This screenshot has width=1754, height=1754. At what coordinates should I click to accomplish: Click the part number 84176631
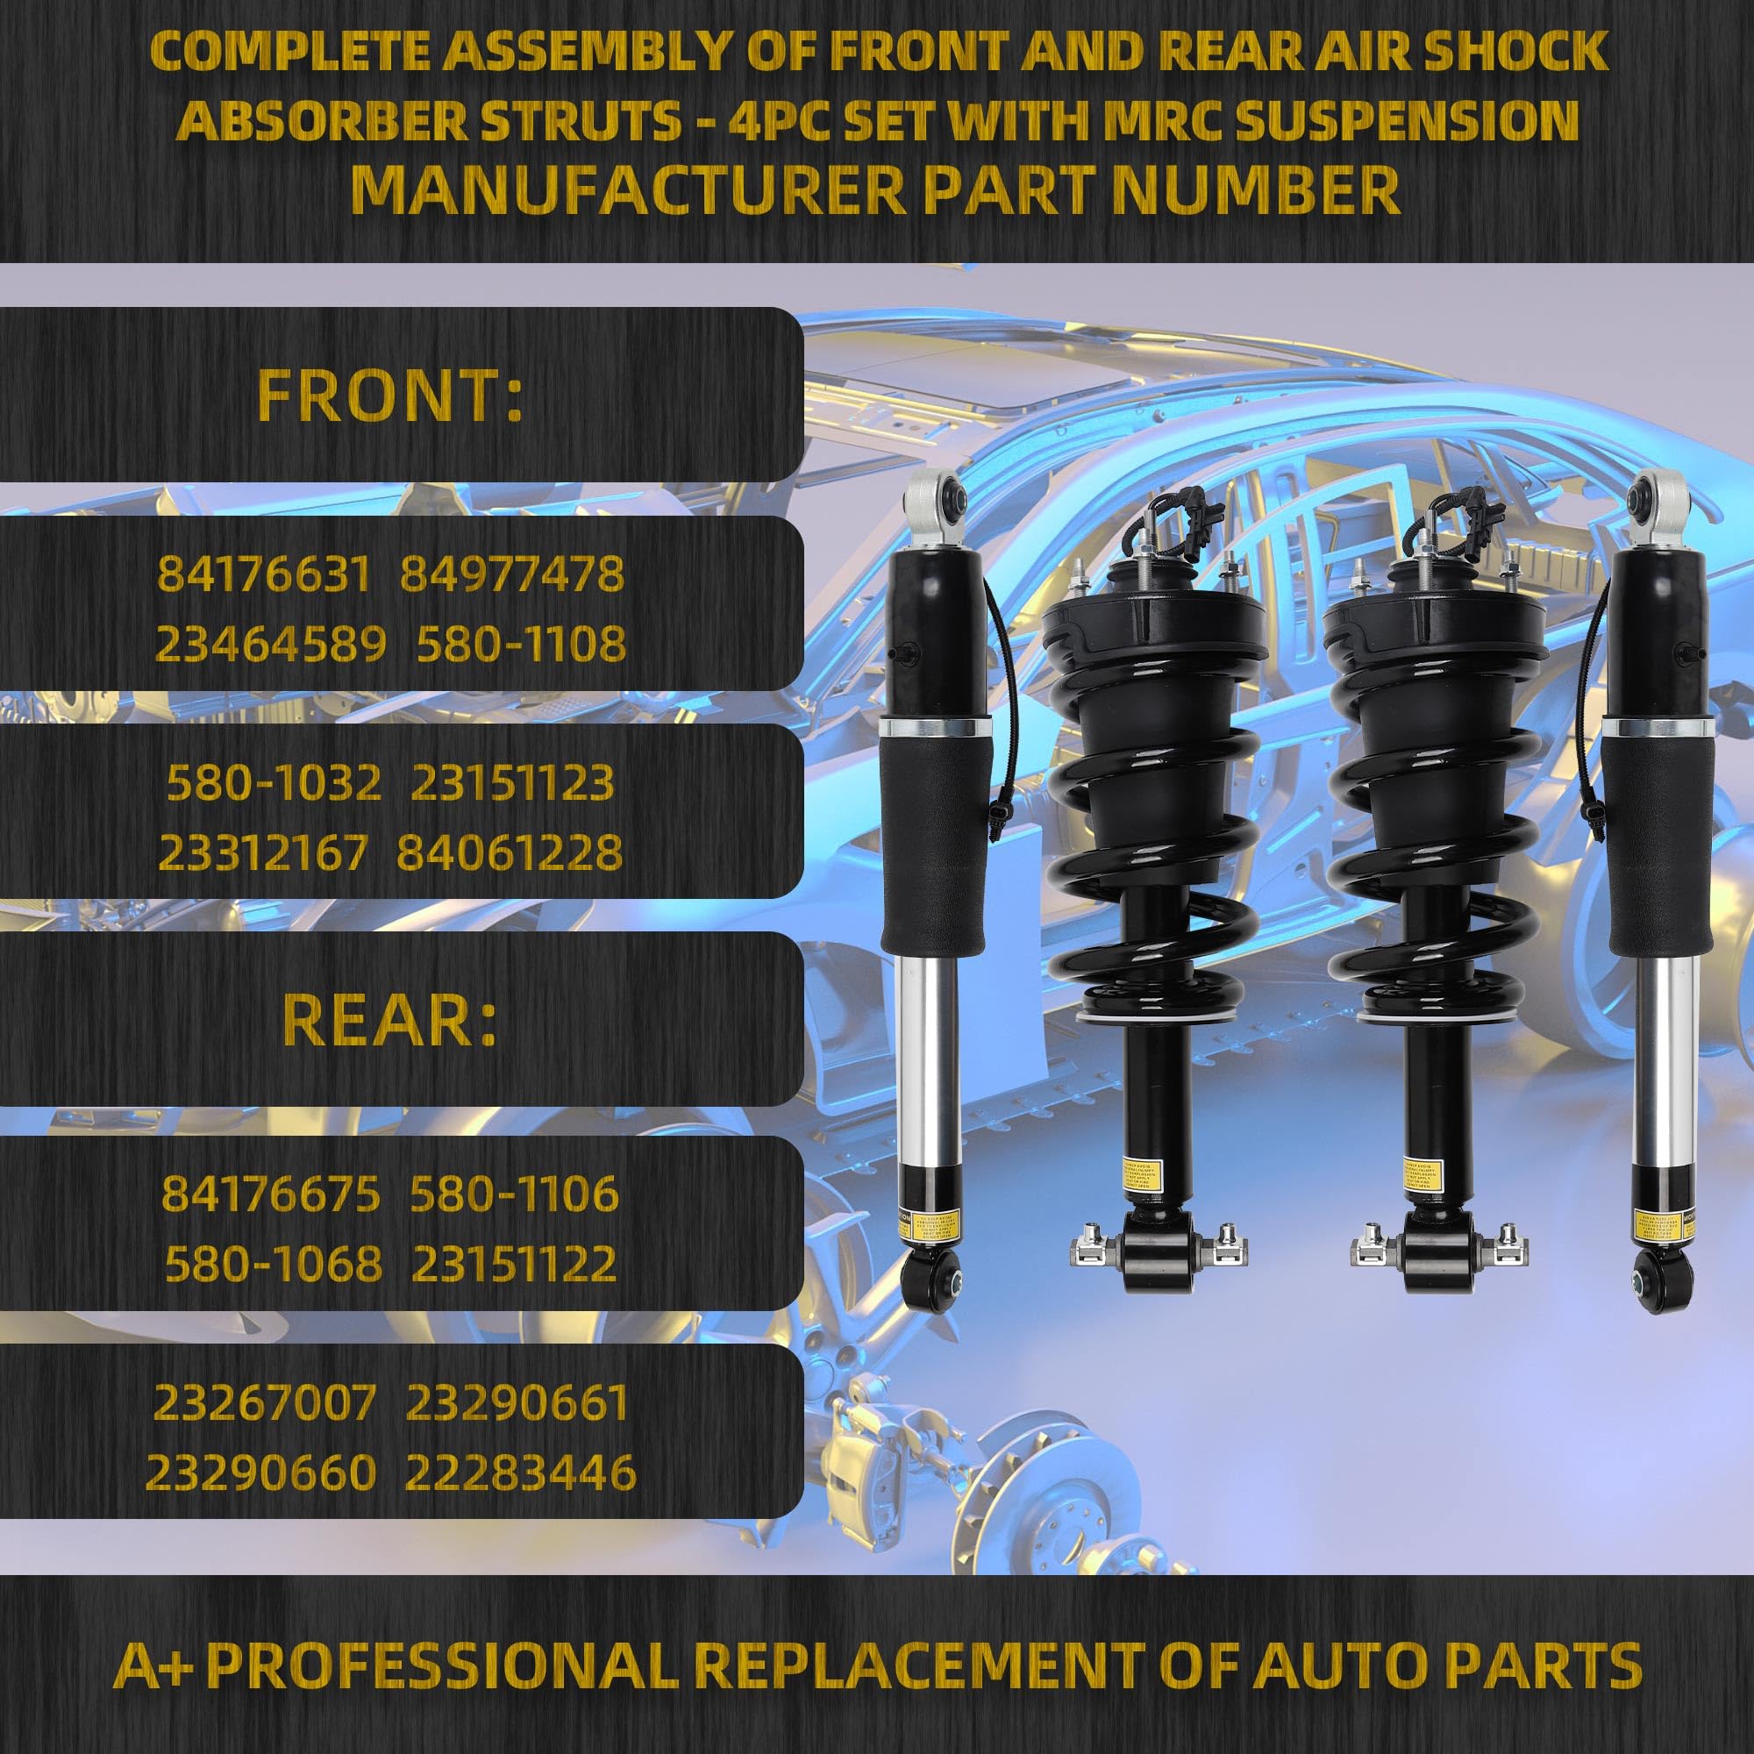[264, 574]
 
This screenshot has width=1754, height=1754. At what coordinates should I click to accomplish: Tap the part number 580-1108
[521, 645]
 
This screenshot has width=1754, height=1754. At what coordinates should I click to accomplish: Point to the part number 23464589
[270, 645]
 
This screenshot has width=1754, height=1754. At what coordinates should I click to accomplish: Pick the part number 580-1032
[275, 782]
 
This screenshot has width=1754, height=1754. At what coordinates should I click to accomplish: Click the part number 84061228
[510, 852]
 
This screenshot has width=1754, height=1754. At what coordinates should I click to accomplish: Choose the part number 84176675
[270, 1194]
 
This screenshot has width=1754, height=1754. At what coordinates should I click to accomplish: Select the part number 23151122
[514, 1264]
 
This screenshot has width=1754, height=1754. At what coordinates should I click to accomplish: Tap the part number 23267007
[264, 1403]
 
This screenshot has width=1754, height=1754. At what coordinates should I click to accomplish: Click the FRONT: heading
[390, 396]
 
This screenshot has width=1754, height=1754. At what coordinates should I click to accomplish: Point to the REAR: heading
[390, 1020]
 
